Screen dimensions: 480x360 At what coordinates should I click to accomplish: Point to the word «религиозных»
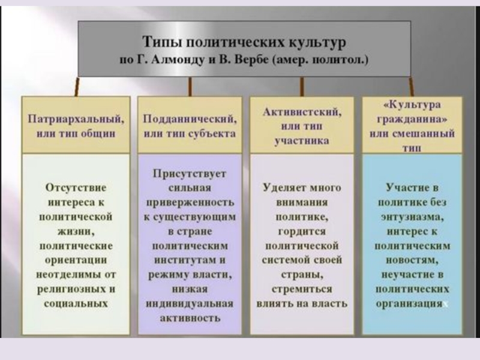click(68, 289)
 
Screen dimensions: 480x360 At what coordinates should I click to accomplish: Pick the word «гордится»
click(302, 231)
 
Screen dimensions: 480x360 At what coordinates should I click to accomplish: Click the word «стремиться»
click(302, 289)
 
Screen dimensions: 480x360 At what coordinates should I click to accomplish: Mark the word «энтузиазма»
click(412, 217)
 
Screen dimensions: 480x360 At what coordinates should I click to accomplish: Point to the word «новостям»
click(412, 260)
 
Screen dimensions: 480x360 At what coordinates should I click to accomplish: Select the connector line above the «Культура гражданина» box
click(412, 86)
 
